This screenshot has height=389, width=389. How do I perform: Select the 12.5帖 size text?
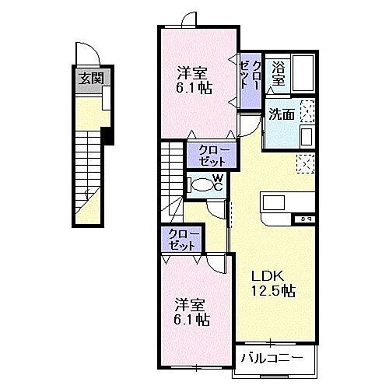tap(272, 292)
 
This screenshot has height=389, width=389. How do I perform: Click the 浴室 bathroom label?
tap(278, 73)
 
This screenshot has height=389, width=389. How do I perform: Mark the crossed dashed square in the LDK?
tap(305, 163)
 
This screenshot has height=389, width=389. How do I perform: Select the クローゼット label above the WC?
tap(208, 155)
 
